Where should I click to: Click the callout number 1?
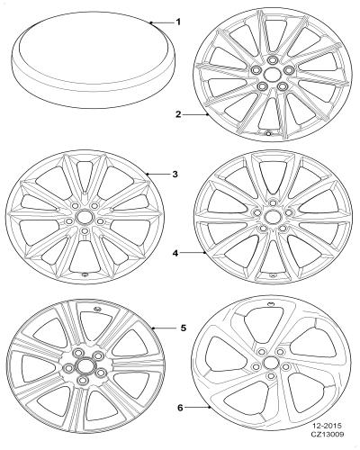click(178, 22)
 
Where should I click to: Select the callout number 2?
click(178, 114)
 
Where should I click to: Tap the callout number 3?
click(175, 174)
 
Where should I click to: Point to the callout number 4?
click(175, 253)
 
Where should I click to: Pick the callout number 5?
click(184, 328)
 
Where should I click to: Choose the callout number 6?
click(180, 408)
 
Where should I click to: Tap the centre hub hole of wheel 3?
click(82, 216)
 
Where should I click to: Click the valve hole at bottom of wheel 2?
click(268, 133)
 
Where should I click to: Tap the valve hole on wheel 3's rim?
click(85, 274)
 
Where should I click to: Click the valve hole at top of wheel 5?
click(97, 309)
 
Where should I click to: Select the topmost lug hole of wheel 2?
click(273, 59)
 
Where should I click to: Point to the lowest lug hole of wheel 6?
click(271, 376)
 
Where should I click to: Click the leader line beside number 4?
click(193, 253)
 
